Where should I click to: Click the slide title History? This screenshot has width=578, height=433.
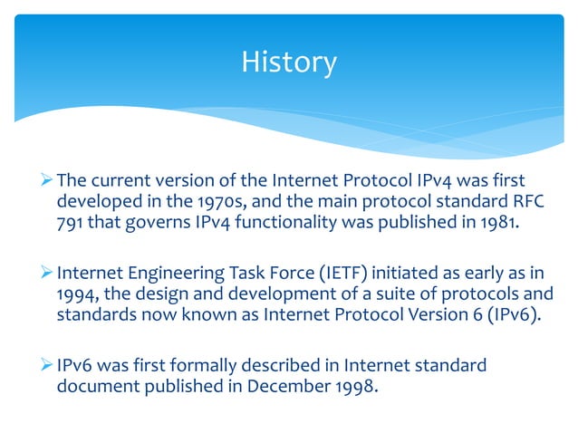(289, 63)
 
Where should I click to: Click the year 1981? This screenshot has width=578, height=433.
(503, 220)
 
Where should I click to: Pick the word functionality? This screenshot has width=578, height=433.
(297, 220)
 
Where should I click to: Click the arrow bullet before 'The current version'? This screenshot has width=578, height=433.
(47, 180)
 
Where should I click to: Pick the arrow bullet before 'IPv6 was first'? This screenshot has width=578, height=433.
(47, 365)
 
